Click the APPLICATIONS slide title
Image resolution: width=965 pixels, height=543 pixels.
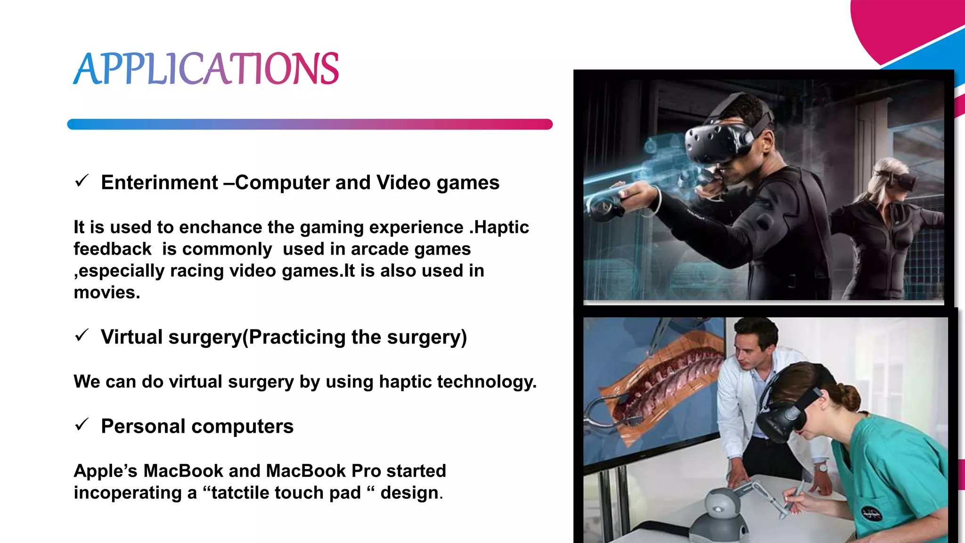(x=206, y=69)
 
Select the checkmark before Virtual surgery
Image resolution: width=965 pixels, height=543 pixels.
(x=82, y=335)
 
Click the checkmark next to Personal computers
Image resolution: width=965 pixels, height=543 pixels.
(x=82, y=424)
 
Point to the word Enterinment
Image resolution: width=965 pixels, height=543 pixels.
(x=159, y=182)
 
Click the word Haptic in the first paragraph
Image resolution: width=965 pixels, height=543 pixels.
(x=501, y=227)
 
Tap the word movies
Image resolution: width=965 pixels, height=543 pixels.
(x=106, y=293)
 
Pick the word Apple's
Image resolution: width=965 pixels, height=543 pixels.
(x=106, y=471)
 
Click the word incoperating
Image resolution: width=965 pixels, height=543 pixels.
(x=127, y=493)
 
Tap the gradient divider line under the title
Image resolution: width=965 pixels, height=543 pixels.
(x=310, y=124)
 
